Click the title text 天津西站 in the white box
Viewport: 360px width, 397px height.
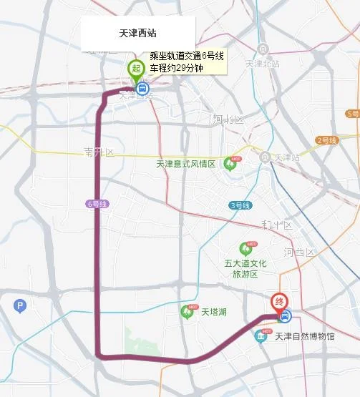click(138, 34)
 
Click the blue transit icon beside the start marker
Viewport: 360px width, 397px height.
click(142, 89)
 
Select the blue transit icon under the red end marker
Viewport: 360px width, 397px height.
click(286, 315)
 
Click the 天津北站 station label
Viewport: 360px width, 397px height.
click(263, 63)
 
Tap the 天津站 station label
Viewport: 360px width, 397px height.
click(286, 157)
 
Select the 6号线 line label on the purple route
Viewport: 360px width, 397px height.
click(95, 204)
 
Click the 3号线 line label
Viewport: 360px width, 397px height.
click(240, 205)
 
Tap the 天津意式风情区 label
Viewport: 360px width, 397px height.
click(186, 164)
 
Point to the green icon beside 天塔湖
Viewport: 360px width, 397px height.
click(188, 312)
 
